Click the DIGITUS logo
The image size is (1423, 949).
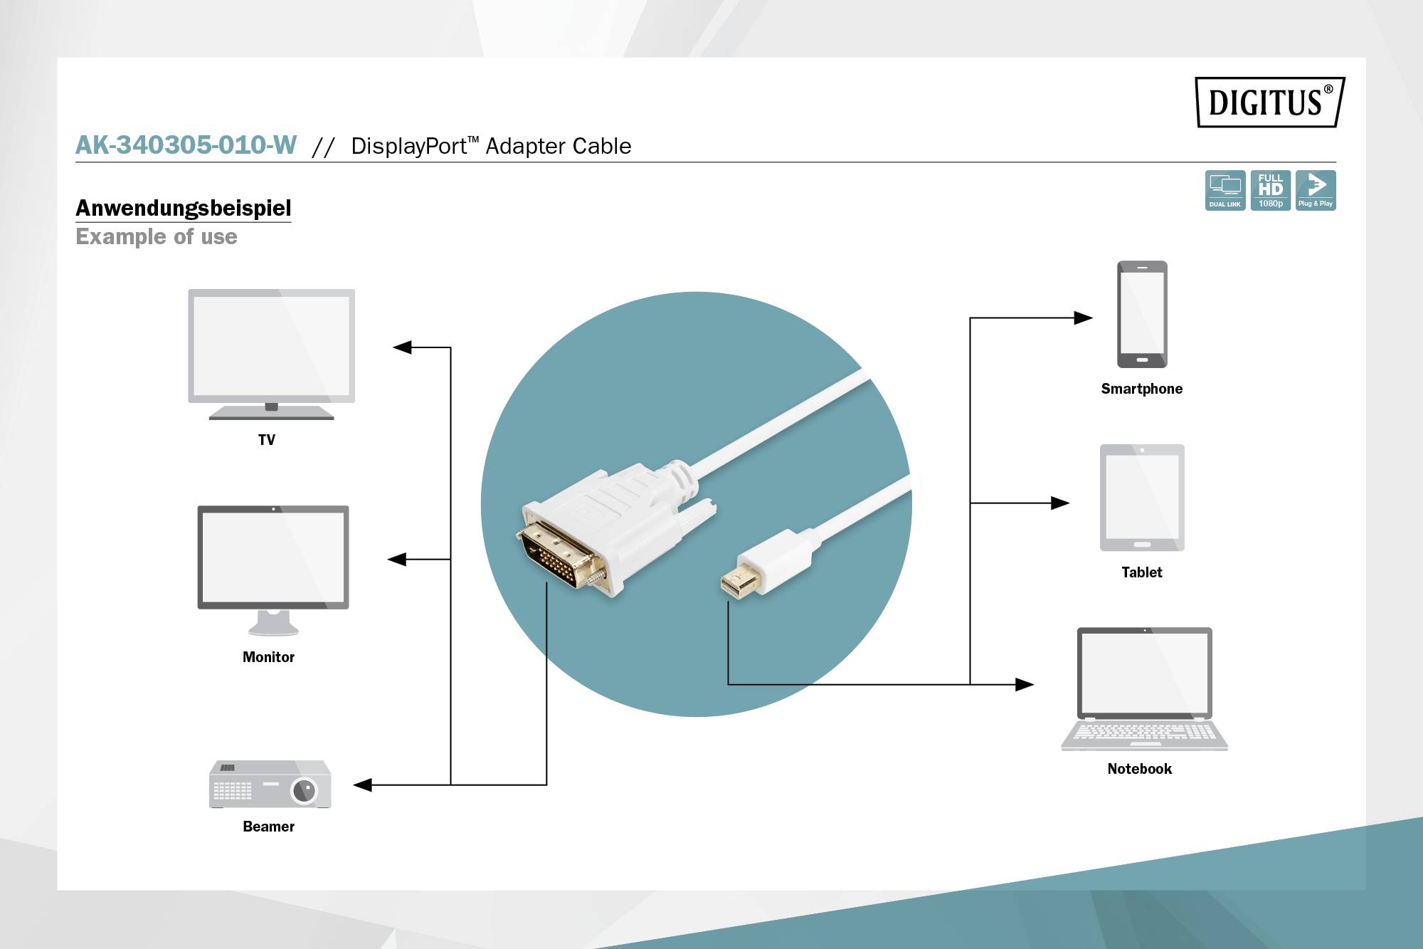pyautogui.click(x=1269, y=102)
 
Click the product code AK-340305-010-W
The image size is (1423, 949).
pyautogui.click(x=186, y=145)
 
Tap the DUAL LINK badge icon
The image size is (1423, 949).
pyautogui.click(x=1224, y=190)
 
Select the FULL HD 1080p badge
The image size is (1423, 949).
pyautogui.click(x=1270, y=190)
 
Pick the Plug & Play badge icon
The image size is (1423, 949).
pyautogui.click(x=1315, y=190)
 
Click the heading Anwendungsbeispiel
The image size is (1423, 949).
pyautogui.click(x=183, y=208)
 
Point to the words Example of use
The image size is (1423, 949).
pyautogui.click(x=157, y=236)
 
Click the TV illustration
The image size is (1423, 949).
pyautogui.click(x=271, y=352)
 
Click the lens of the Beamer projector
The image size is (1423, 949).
pyautogui.click(x=304, y=790)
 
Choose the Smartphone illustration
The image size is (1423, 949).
pyautogui.click(x=1141, y=314)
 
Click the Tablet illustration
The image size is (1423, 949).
pyautogui.click(x=1142, y=498)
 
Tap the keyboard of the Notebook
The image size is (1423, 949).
pyautogui.click(x=1144, y=732)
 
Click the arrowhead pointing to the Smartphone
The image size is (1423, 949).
pyautogui.click(x=1082, y=318)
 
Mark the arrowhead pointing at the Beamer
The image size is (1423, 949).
pyautogui.click(x=363, y=785)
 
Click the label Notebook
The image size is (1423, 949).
pyautogui.click(x=1139, y=769)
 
